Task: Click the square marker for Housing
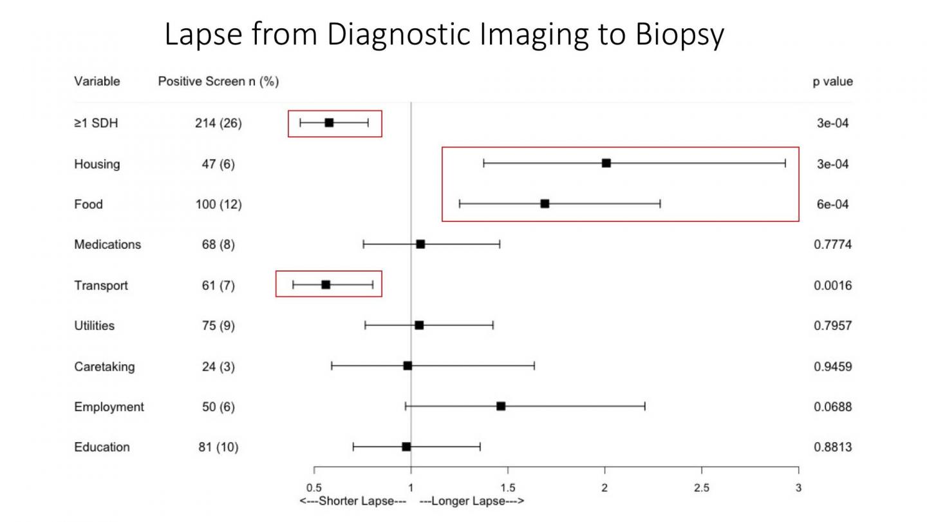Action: [606, 163]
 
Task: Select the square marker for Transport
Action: [326, 285]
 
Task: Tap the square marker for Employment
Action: [501, 406]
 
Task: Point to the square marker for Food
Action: [545, 204]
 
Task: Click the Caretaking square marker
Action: [407, 365]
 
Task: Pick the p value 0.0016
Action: [832, 285]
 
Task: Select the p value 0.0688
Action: [832, 407]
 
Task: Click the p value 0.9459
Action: [832, 366]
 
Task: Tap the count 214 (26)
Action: [218, 123]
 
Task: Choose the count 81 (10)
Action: [218, 447]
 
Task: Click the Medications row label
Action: [108, 245]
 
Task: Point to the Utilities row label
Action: [94, 325]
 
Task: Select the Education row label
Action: [102, 447]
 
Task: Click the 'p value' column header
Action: [832, 82]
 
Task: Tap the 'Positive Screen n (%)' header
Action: [218, 82]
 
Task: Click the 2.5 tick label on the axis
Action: [702, 488]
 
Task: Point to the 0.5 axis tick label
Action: [314, 488]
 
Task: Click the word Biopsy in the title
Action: [680, 35]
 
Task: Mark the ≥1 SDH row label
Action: [96, 123]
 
